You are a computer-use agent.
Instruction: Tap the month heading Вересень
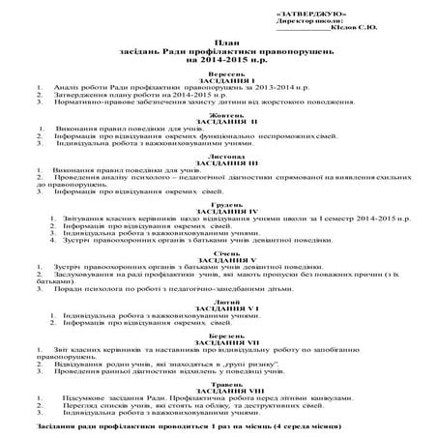click(219, 73)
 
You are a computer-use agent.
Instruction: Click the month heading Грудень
click(219, 204)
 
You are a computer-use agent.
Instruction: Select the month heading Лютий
click(219, 300)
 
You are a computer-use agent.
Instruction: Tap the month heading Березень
click(219, 336)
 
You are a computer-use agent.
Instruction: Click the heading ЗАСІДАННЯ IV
click(219, 212)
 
